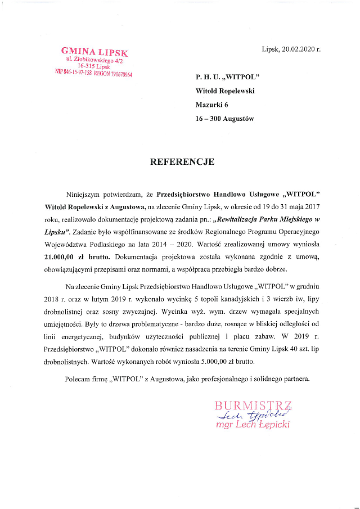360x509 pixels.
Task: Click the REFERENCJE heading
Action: pos(182,162)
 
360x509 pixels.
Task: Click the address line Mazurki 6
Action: pos(212,104)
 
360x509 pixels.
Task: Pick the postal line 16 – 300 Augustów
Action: pos(225,119)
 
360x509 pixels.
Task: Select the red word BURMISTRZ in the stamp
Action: pos(253,405)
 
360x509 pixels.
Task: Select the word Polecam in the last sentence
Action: pos(78,379)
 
